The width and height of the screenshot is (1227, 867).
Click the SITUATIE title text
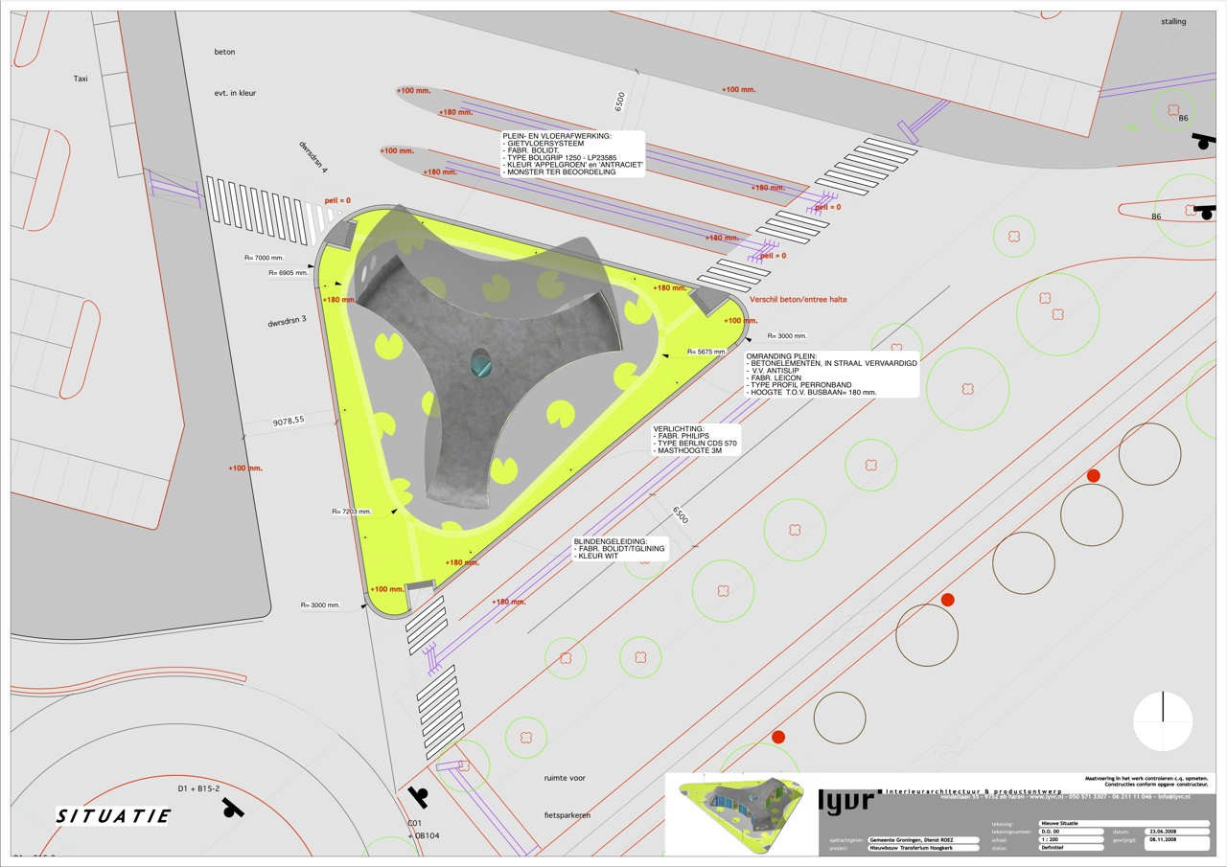coord(113,816)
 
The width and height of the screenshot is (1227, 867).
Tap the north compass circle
coord(1163,720)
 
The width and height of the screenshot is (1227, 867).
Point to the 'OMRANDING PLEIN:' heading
coord(777,357)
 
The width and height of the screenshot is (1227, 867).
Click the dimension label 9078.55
coord(288,420)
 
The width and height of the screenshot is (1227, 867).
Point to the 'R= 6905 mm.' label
coord(288,273)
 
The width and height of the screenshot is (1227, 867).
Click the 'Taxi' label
coord(81,79)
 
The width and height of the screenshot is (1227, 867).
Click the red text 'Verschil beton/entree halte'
coord(799,299)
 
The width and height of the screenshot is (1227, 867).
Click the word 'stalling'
coord(1172,21)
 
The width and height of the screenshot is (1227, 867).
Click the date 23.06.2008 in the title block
coord(1150,831)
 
